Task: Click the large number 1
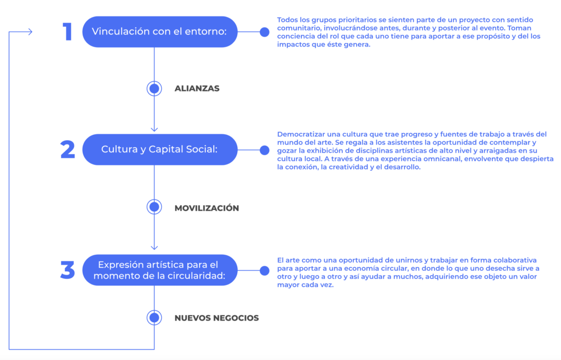tap(67, 31)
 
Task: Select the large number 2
tap(67, 150)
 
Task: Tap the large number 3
tap(67, 270)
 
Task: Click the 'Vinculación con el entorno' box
tap(160, 32)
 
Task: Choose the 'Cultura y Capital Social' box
tap(160, 150)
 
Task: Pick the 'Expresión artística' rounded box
tap(160, 270)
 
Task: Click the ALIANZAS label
tap(197, 88)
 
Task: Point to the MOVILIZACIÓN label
tap(207, 208)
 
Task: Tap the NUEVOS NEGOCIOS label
tap(217, 318)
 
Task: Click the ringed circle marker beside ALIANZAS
tap(154, 88)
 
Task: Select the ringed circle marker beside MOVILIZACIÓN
tap(154, 207)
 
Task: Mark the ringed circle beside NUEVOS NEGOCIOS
tap(154, 317)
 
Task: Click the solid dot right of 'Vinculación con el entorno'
tap(265, 32)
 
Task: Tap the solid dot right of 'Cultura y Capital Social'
tap(265, 150)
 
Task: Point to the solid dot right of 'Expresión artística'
tap(265, 271)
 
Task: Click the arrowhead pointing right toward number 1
tap(31, 32)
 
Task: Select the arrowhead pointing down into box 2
tap(154, 129)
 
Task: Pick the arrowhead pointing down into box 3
tap(154, 247)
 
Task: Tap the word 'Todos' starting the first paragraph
tap(287, 20)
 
